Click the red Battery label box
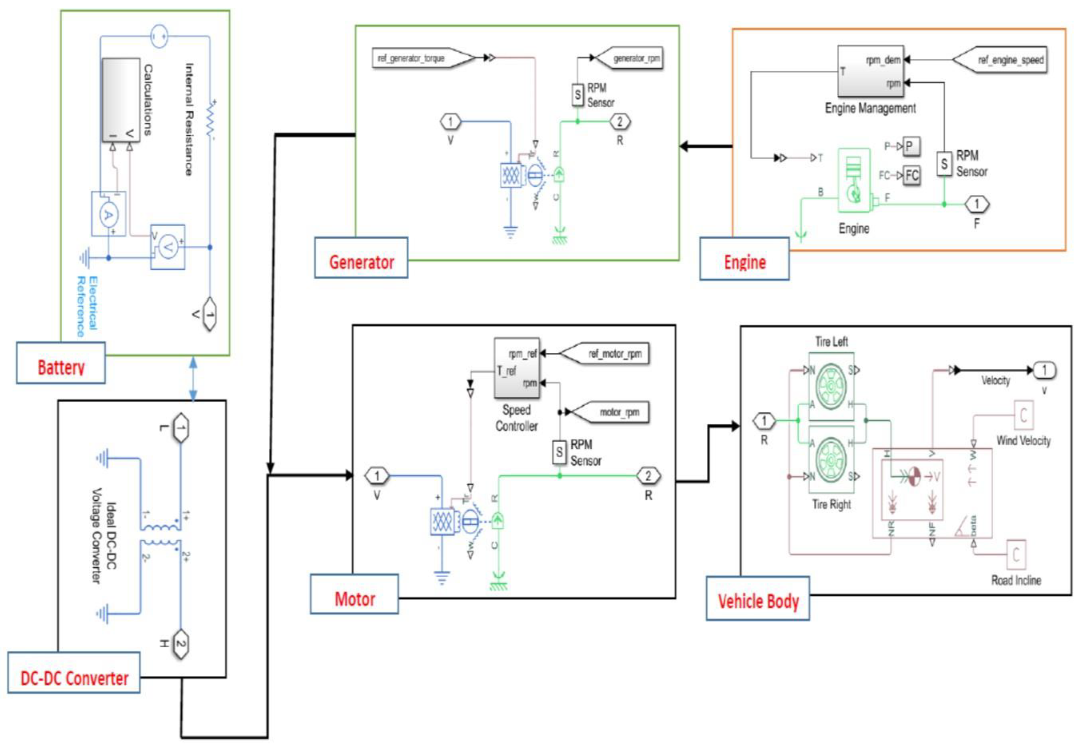click(x=61, y=363)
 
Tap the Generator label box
click(x=361, y=258)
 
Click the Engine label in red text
click(x=745, y=259)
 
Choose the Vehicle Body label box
click(x=758, y=598)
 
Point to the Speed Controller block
click(x=517, y=368)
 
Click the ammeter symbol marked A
click(x=108, y=214)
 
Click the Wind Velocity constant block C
click(x=1023, y=414)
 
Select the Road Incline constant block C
click(x=1016, y=555)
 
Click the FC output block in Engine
click(x=912, y=175)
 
